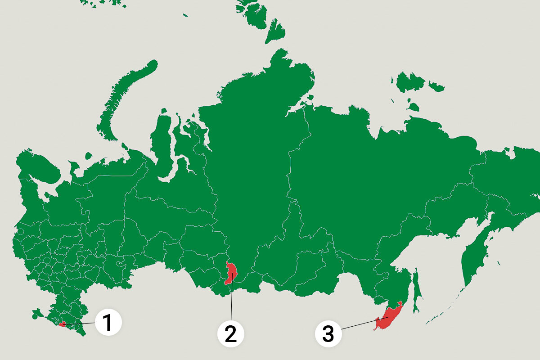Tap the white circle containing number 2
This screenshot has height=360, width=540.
point(231,334)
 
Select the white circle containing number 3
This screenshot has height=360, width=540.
point(328,334)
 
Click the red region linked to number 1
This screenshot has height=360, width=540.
point(63,324)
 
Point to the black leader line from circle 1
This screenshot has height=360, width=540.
point(81,323)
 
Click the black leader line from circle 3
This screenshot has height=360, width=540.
point(360,324)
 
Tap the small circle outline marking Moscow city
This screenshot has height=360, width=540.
point(46,260)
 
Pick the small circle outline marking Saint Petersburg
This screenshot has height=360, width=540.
point(21,232)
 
